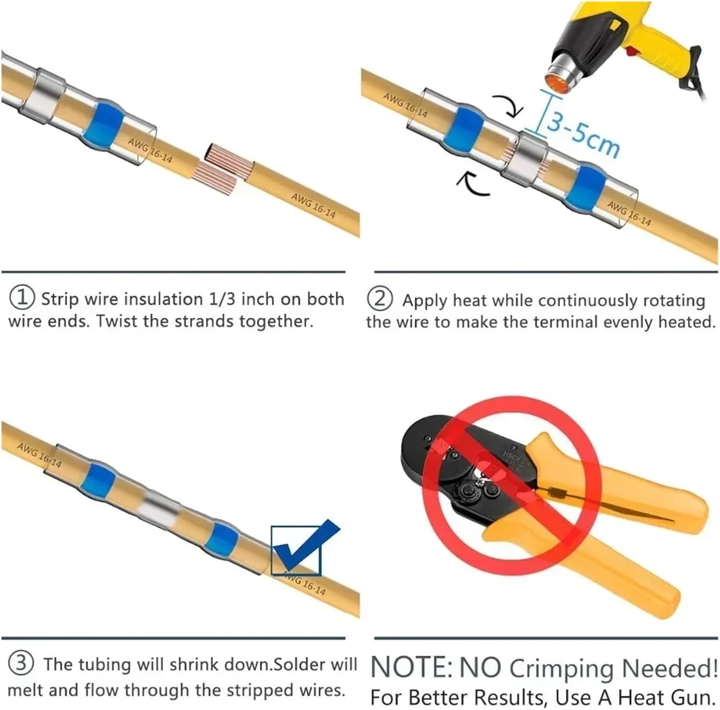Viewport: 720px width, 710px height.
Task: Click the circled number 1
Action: tap(22, 298)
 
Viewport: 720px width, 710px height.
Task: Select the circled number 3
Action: tap(22, 664)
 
